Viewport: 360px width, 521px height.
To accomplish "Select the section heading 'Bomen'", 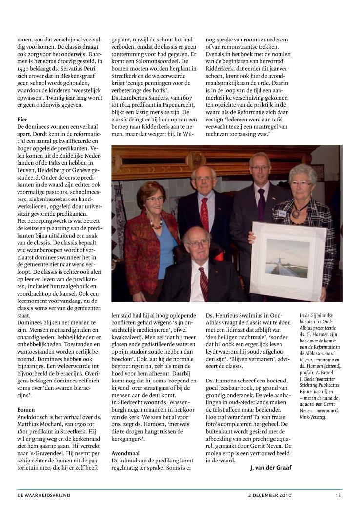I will (x=25, y=410).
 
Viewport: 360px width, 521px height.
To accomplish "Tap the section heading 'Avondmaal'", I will (x=125, y=453).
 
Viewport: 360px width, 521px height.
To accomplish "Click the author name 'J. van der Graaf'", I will (x=269, y=467).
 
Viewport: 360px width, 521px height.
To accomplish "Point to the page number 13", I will (x=338, y=495).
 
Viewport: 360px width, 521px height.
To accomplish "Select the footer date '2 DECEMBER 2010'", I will (x=270, y=495).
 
